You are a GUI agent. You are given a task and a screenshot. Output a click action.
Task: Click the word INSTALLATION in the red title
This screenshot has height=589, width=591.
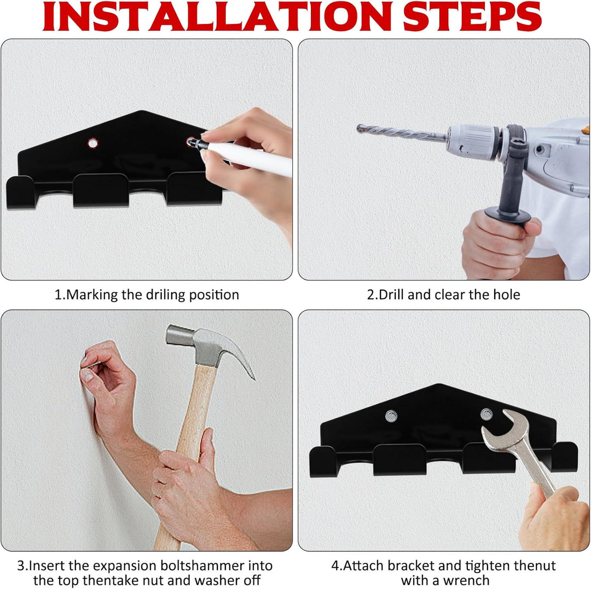[218, 16]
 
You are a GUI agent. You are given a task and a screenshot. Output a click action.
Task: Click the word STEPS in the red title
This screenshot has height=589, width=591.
[472, 16]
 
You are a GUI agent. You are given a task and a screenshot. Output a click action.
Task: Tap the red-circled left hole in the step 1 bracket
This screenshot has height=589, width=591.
[92, 143]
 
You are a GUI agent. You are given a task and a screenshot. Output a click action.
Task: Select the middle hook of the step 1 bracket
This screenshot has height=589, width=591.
[101, 190]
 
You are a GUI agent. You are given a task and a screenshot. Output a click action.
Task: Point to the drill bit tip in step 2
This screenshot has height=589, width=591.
[358, 128]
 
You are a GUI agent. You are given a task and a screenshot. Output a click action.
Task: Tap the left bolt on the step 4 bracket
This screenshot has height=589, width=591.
[391, 416]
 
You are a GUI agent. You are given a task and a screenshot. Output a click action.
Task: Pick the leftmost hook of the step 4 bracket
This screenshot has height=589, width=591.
[323, 462]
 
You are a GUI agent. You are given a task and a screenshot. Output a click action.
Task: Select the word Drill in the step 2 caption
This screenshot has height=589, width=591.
[391, 294]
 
